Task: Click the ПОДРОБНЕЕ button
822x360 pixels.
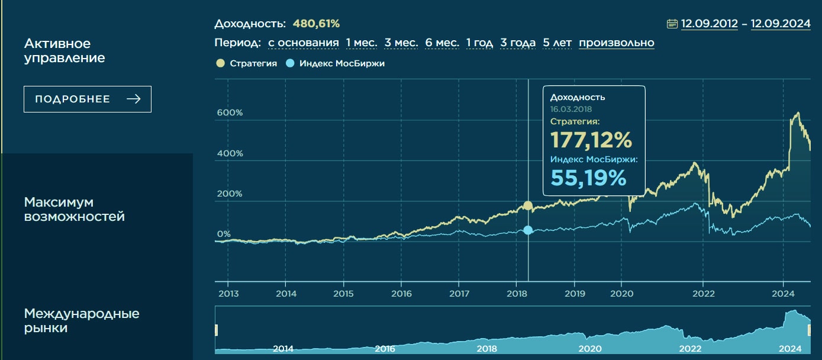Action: coord(88,99)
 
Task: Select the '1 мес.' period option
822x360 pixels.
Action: coord(362,43)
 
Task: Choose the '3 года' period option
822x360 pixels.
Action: coord(518,43)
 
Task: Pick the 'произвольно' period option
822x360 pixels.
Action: coord(616,43)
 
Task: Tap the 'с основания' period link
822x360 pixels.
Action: coord(304,43)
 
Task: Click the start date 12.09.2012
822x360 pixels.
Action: coord(710,24)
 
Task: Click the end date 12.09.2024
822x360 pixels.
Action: coord(780,24)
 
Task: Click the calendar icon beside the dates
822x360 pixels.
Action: coord(672,24)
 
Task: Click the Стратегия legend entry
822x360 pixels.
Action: coord(247,63)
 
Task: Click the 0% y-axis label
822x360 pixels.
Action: coord(224,234)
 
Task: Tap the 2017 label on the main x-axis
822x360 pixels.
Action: coord(459,293)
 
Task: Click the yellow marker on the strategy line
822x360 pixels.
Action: coord(528,206)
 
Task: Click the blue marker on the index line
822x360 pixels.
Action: coord(528,230)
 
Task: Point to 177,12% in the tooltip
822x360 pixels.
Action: coord(591,140)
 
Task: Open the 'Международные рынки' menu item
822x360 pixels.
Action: coord(82,320)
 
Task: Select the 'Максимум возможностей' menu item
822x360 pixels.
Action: coord(75,210)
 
